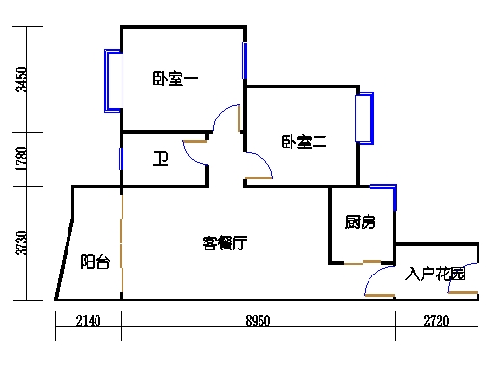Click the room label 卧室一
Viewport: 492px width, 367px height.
point(175,80)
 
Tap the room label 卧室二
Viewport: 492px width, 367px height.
point(305,142)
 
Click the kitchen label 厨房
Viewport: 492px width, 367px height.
point(360,223)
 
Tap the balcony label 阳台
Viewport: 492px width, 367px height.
point(95,261)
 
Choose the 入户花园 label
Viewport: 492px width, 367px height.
point(436,275)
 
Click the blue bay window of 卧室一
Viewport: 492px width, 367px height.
point(112,80)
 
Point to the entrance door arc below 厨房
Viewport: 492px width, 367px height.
point(372,280)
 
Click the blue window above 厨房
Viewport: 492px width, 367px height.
point(383,184)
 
